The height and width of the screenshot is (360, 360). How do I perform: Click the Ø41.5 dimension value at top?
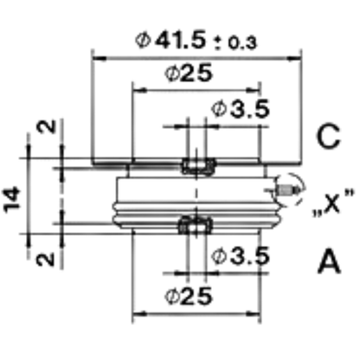click(x=171, y=40)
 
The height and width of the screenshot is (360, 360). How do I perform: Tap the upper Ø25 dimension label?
click(x=189, y=73)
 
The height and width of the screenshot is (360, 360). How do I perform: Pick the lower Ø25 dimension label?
click(x=189, y=296)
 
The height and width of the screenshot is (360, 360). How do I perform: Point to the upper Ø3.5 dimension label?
click(x=241, y=109)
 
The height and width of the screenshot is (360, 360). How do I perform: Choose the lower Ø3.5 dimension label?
click(x=241, y=255)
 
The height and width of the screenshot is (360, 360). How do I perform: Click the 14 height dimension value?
click(x=13, y=200)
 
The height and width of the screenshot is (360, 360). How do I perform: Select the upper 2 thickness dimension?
click(x=46, y=126)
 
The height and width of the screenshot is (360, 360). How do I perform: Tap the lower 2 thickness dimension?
click(x=46, y=259)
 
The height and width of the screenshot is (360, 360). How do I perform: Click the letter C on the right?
click(x=328, y=137)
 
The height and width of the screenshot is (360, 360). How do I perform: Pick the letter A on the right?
click(x=330, y=262)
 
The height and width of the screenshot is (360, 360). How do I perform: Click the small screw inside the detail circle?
click(x=287, y=190)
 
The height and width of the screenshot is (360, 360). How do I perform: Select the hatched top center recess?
click(x=198, y=167)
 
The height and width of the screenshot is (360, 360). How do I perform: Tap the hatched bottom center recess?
click(x=196, y=225)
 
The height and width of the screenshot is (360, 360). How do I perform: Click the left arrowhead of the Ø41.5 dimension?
click(x=99, y=59)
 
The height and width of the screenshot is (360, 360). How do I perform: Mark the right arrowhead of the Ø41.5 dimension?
click(x=294, y=59)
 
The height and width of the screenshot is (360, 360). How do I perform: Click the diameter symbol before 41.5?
click(x=143, y=41)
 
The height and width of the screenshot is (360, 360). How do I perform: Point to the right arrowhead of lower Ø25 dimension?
click(x=254, y=313)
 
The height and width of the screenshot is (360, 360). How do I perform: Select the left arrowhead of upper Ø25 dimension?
click(x=139, y=91)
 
